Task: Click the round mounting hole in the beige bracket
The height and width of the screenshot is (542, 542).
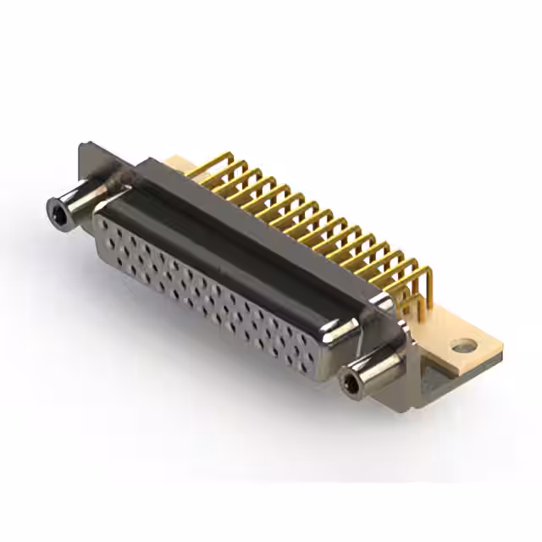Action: pyautogui.click(x=461, y=346)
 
